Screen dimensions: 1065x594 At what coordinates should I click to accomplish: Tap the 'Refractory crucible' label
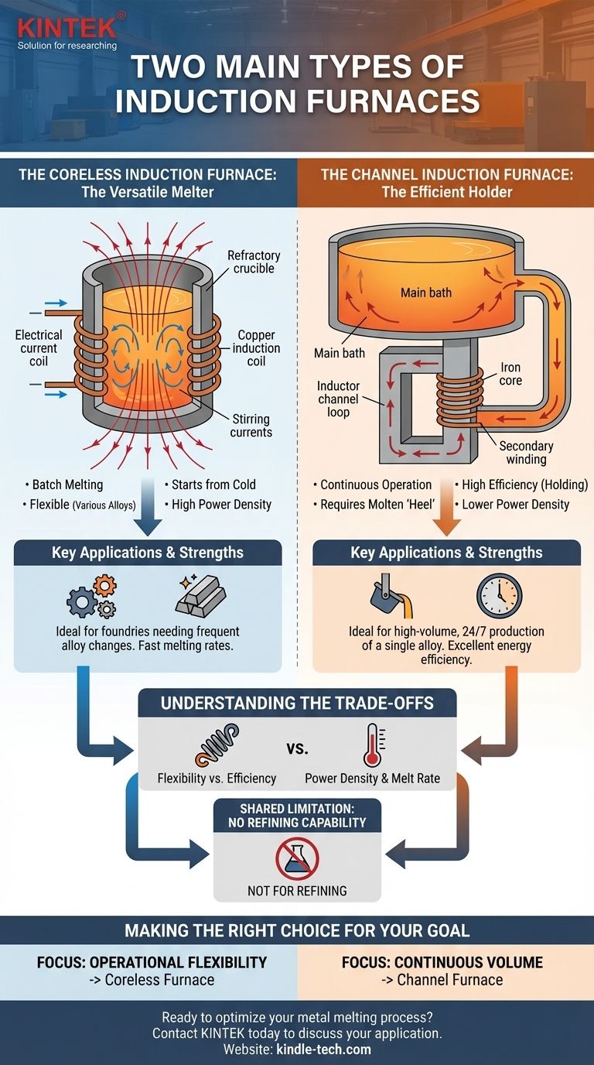254,262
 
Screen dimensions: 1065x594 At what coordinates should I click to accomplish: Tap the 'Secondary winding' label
527,453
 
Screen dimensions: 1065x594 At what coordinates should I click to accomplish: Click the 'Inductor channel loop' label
333,399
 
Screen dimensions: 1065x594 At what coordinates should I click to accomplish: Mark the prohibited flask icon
297,858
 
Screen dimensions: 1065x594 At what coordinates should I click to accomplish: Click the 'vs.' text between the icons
297,748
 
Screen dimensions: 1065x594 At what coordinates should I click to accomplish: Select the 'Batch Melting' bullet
66,485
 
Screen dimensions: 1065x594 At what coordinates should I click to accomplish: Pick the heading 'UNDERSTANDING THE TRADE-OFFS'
297,704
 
